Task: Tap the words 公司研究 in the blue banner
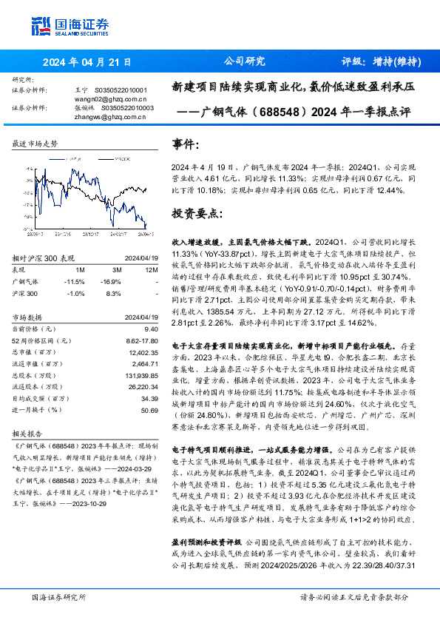tap(243, 61)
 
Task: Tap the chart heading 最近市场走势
tap(35, 143)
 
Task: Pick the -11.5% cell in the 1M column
tap(75, 282)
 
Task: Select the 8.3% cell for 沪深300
tap(113, 293)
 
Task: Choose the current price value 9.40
tap(152, 328)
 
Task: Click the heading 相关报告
tap(30, 435)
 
